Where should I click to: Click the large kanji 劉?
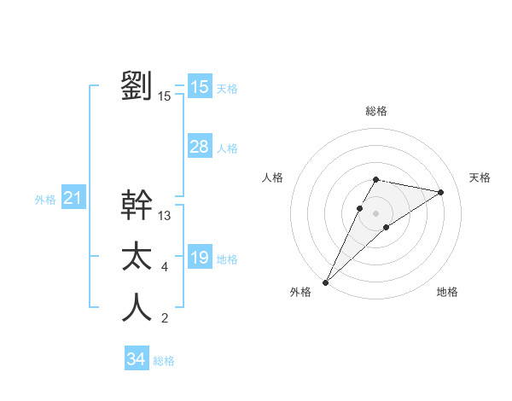pos(137,86)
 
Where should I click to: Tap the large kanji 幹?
pos(137,206)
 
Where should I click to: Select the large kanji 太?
pos(137,257)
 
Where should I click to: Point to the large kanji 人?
pos(137,308)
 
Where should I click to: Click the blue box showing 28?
pos(200,147)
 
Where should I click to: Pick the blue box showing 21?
pos(73,199)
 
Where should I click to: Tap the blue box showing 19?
pos(200,258)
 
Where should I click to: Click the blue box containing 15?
pos(200,87)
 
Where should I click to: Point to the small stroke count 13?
pos(165,216)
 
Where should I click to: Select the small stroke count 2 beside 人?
pos(165,319)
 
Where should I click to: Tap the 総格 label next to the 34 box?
pos(164,361)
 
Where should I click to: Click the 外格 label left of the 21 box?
pos(45,200)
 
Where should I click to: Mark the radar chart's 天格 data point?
pos(441,192)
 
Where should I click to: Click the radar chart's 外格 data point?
pos(325,282)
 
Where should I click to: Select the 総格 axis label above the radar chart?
pos(375,111)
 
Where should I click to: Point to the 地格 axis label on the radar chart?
pos(447,292)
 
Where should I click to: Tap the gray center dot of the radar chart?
pos(375,213)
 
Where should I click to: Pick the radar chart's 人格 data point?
pos(360,208)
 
